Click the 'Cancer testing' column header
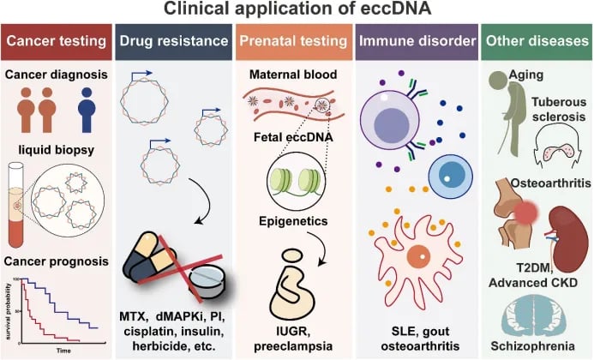click(56, 41)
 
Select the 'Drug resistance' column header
click(173, 41)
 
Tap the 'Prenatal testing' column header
click(294, 41)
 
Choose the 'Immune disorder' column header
click(411, 41)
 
